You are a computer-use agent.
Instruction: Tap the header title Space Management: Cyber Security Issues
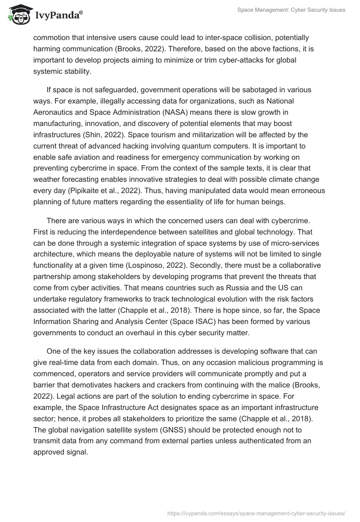coord(291,10)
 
